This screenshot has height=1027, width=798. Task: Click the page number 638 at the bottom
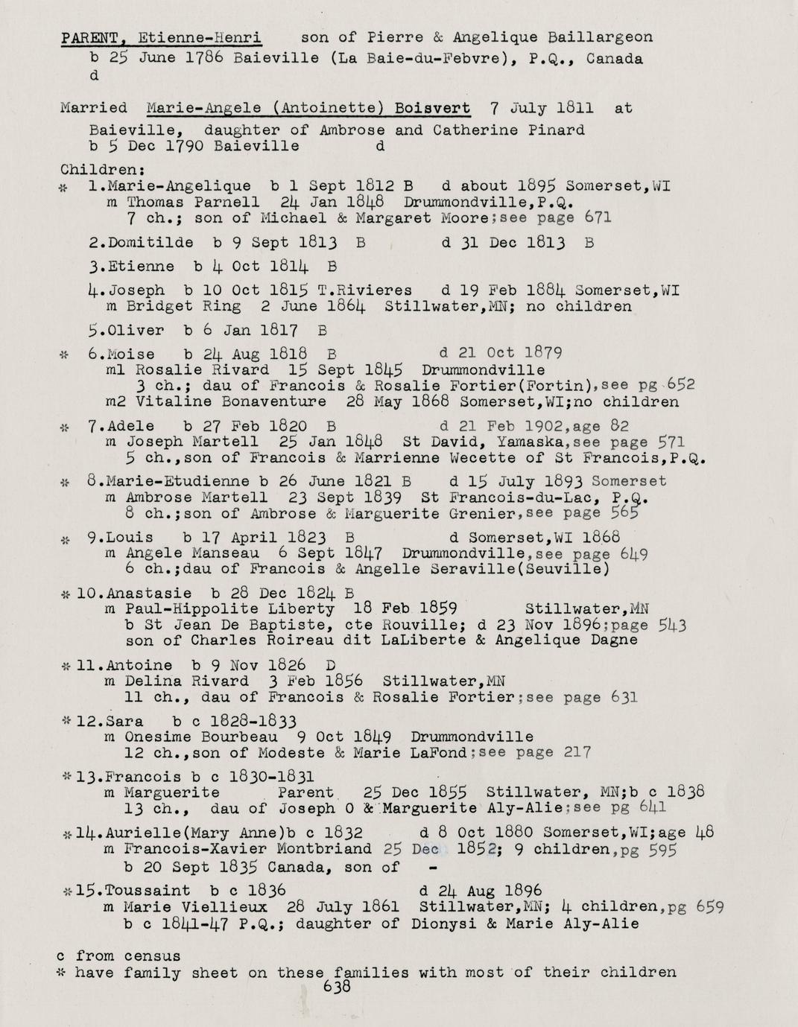[338, 988]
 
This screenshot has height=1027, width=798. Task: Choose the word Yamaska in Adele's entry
[493, 442]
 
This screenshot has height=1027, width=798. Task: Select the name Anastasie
[149, 594]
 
